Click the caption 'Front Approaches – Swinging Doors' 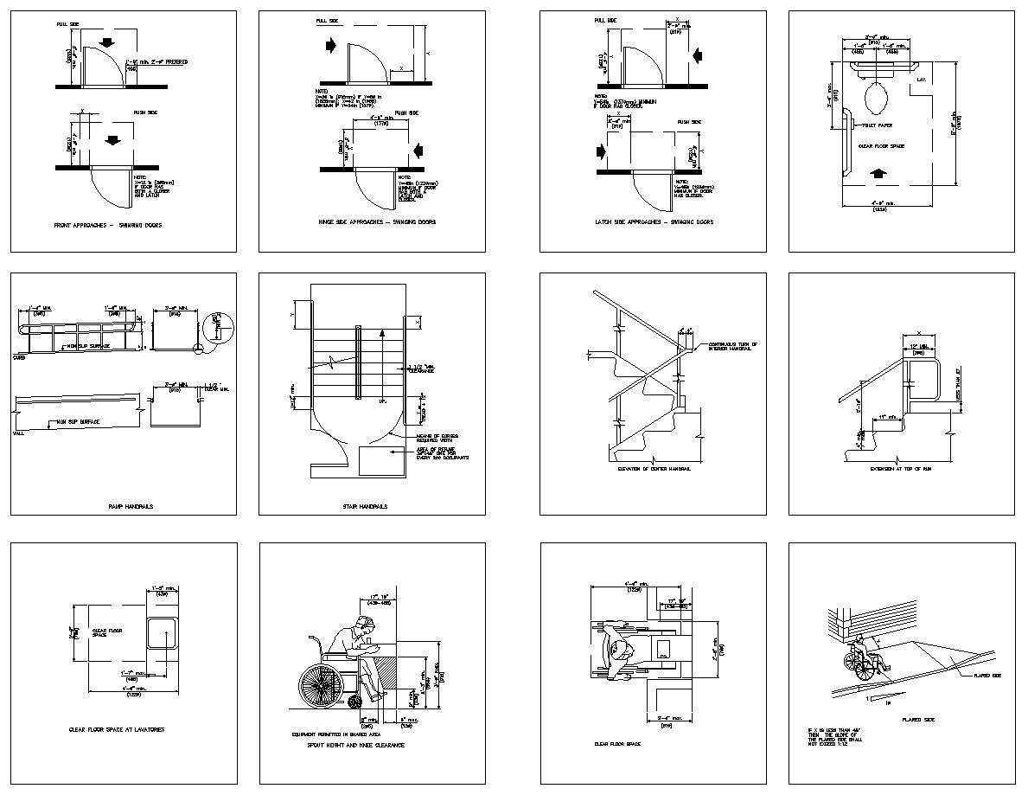click(x=108, y=225)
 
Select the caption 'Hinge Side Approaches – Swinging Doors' click(x=377, y=222)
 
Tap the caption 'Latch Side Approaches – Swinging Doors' click(x=654, y=222)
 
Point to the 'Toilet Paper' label click(x=876, y=125)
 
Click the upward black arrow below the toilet click(x=878, y=174)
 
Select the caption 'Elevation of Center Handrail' click(x=654, y=468)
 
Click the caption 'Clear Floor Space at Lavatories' click(x=117, y=729)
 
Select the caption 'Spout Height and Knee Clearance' click(x=356, y=744)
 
